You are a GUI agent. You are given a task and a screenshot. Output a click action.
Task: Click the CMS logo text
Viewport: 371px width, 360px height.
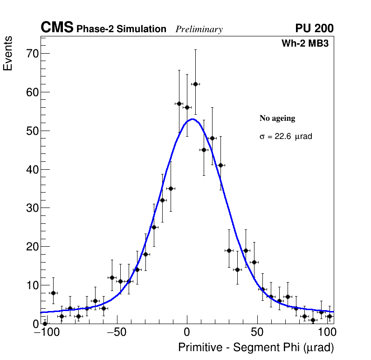[x=57, y=28]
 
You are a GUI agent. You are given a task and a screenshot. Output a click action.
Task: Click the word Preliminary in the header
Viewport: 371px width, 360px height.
[x=199, y=29]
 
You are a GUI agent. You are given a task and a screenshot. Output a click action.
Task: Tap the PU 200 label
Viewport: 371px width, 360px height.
[x=314, y=28]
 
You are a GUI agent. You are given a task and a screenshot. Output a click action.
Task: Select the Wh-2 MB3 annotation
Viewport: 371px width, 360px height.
[x=305, y=44]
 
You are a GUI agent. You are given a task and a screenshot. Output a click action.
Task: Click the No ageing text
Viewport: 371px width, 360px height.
[x=277, y=118]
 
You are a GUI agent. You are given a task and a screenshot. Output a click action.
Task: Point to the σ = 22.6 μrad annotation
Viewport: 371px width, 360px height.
[x=286, y=137]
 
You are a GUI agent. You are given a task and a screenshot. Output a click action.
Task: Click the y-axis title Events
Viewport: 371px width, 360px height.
[x=8, y=53]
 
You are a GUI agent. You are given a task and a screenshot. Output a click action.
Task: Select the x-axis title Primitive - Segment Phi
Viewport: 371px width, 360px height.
[x=256, y=348]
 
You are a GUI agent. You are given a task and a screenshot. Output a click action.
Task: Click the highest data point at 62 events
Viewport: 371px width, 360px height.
[x=195, y=84]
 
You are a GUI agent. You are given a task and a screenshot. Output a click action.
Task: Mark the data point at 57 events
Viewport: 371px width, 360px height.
[x=179, y=104]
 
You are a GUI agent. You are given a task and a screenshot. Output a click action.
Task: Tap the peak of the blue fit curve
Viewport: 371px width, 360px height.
[x=192, y=119]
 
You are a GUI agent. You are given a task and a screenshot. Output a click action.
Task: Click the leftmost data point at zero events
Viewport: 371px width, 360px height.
[x=45, y=323]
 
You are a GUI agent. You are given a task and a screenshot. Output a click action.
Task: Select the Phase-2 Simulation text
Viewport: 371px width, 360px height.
[x=121, y=29]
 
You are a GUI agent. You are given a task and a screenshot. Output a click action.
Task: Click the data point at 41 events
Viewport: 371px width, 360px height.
[x=220, y=165]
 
